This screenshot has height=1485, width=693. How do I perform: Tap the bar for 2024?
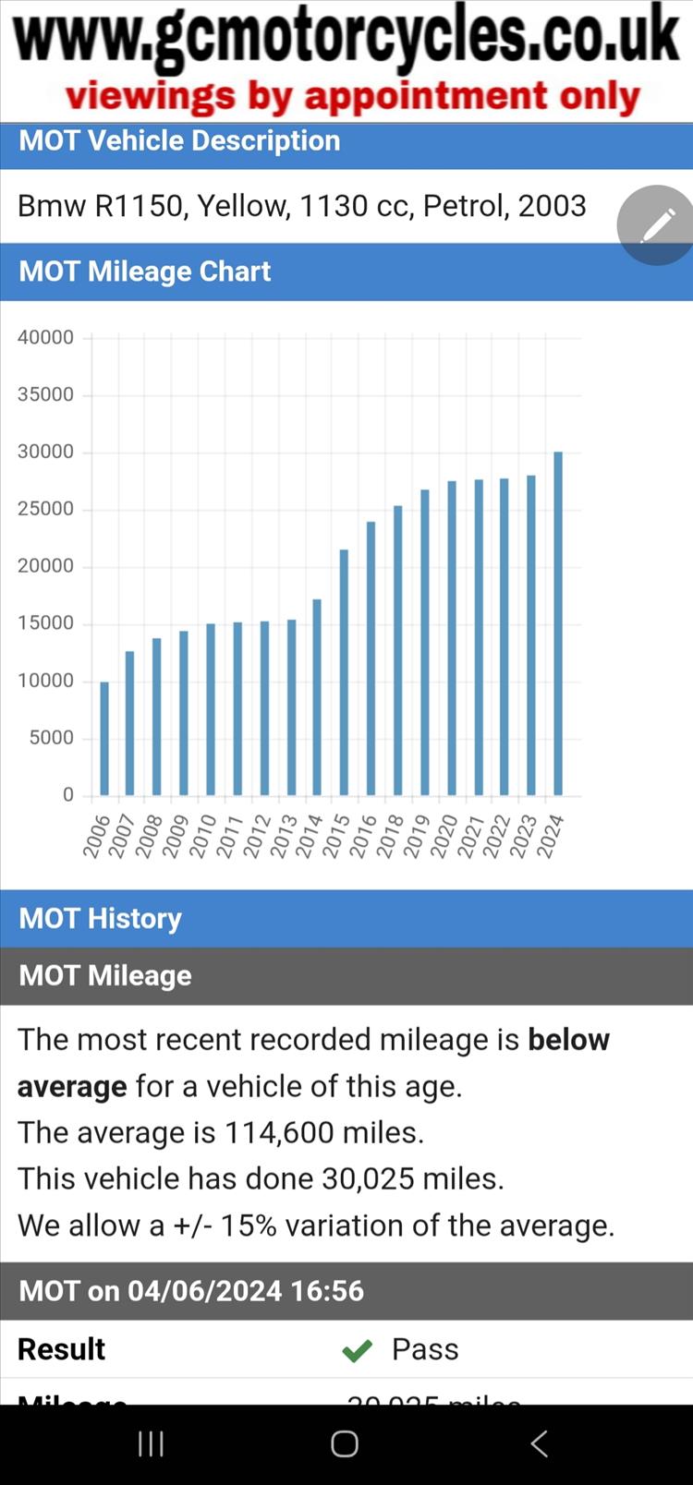[558, 623]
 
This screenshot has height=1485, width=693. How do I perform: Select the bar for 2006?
[104, 738]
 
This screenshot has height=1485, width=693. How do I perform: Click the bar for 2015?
[344, 672]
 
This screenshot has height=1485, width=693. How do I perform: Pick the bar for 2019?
[425, 642]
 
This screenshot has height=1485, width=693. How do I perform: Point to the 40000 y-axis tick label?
[45, 338]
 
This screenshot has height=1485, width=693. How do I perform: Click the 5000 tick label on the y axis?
[51, 738]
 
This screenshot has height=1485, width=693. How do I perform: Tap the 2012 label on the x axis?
[256, 836]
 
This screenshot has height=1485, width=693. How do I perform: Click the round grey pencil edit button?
[657, 224]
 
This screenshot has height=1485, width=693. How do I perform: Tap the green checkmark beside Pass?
[357, 1351]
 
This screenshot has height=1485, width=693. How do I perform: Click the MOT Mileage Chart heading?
[145, 272]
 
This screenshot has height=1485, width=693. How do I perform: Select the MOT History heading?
[101, 919]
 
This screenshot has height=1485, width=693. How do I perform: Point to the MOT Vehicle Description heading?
[179, 141]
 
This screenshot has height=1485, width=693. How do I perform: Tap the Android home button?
[345, 1443]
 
